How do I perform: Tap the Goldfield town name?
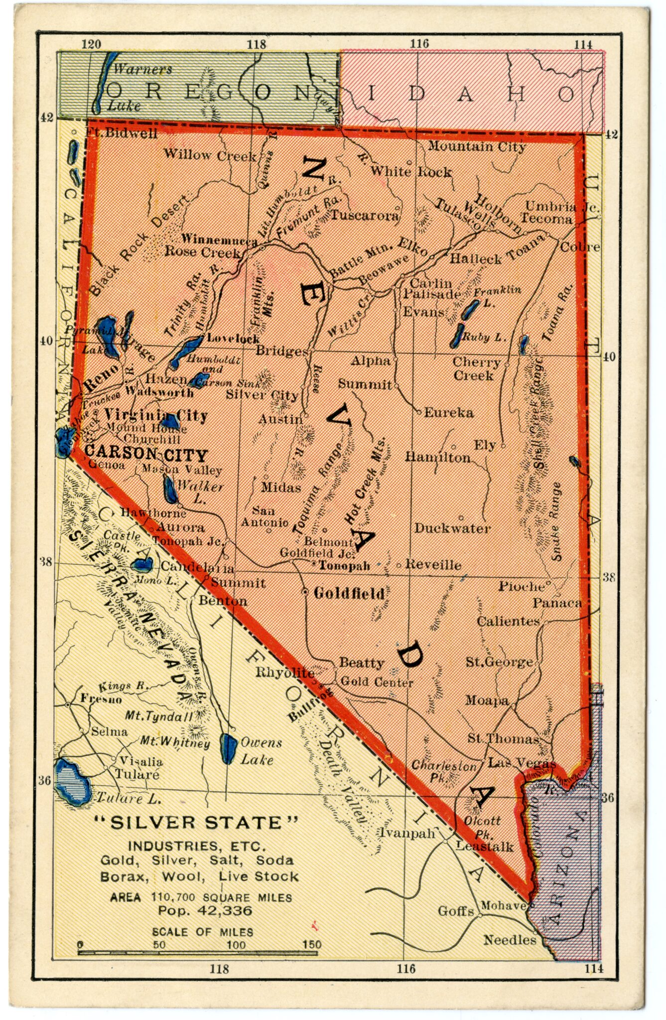tap(349, 593)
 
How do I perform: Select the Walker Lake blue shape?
tap(169, 489)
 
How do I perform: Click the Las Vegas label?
tap(522, 763)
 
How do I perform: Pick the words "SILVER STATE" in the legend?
tap(196, 822)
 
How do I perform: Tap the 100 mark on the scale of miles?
tap(236, 945)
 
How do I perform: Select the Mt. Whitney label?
tap(174, 742)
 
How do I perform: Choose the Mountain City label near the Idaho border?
tap(477, 146)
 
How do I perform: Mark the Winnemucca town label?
tap(219, 239)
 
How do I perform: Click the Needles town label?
tap(510, 939)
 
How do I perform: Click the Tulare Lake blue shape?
tap(71, 779)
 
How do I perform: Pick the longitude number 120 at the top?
tap(91, 44)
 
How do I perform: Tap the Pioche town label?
tap(522, 586)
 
